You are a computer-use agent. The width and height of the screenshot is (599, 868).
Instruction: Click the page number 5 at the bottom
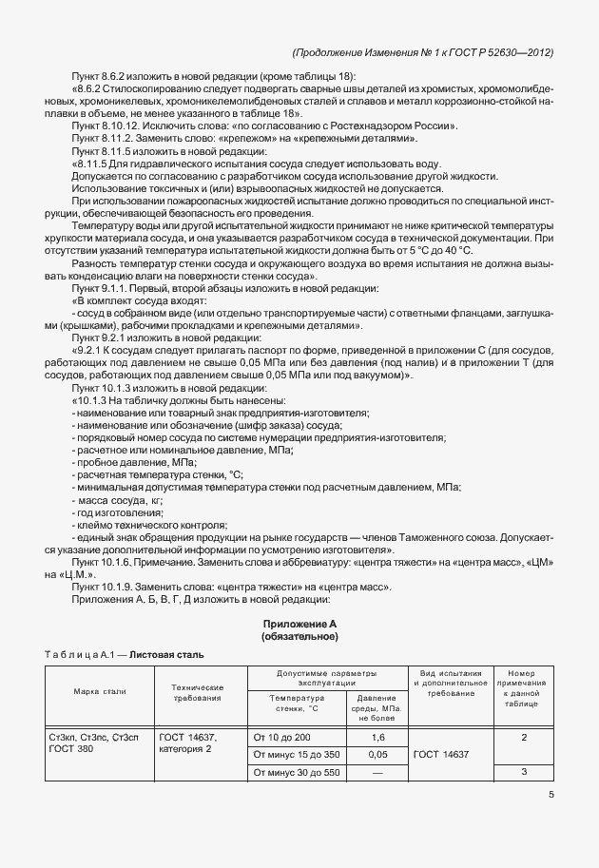[551, 797]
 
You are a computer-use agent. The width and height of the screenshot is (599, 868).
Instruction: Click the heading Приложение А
[300, 622]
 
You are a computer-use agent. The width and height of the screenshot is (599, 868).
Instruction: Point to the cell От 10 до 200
[281, 737]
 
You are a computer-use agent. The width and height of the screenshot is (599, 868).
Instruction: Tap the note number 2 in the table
[524, 737]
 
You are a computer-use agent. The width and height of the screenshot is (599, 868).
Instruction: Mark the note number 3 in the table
[524, 773]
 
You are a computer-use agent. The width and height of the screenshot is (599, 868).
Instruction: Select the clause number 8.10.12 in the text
[125, 125]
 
